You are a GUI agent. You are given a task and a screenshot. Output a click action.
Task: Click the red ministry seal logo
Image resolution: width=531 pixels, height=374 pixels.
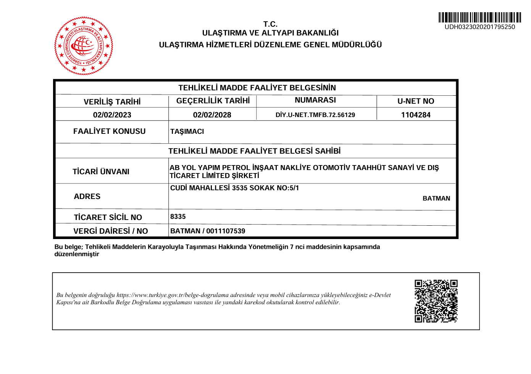84,45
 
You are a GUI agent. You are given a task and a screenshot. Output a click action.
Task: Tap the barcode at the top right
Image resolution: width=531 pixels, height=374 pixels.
479,18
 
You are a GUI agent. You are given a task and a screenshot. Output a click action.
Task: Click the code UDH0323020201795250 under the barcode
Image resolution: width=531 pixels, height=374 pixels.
479,27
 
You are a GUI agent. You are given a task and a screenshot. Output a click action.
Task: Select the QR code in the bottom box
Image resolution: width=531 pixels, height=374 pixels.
436,301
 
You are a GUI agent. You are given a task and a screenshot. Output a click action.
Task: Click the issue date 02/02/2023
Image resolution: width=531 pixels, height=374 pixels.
112,115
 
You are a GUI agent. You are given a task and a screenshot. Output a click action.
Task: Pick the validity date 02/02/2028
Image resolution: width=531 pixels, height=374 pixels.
212,115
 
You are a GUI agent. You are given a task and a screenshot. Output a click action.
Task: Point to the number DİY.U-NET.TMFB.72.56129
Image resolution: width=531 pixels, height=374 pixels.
315,115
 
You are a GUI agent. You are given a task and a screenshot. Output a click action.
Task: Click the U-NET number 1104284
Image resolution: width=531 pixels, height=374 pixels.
416,115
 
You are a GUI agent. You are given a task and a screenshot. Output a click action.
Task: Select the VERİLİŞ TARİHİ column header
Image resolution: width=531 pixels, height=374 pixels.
112,102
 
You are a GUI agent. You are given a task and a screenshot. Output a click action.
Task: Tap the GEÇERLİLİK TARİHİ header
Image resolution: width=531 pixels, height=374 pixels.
213,101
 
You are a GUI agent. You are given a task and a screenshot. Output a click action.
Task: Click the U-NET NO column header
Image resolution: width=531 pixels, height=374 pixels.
416,101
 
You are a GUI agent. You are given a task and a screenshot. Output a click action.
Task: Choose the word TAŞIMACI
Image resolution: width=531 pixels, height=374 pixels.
187,132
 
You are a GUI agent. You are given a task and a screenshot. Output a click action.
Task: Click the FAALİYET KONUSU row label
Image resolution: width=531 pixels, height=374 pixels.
110,131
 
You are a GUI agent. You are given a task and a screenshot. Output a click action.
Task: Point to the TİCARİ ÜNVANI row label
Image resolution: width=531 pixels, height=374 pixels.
101,172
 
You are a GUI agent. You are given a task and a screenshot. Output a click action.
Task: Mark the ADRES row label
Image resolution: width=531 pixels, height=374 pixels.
87,196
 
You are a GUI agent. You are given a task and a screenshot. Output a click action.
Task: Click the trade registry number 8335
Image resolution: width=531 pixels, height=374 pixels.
178,217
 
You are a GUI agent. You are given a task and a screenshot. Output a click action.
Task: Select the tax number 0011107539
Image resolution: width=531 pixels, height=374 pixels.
226,231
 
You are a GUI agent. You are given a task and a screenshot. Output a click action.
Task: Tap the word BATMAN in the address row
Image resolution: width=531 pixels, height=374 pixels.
436,198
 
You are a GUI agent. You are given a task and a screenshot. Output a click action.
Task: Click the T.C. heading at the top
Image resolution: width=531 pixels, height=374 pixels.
270,24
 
